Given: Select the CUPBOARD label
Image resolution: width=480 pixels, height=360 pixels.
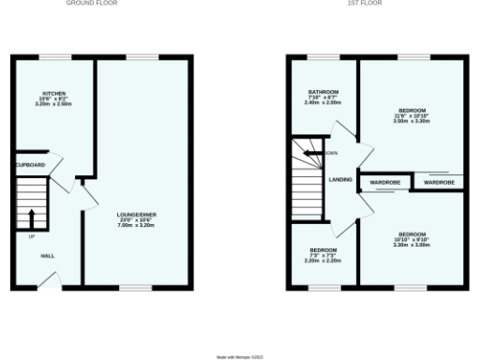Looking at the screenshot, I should pyautogui.click(x=30, y=164).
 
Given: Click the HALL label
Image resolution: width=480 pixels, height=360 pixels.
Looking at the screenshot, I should pyautogui.click(x=47, y=255).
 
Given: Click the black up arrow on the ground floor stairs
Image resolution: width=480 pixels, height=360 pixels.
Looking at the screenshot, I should pyautogui.click(x=32, y=217).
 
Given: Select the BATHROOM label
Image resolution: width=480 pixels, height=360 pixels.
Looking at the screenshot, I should pyautogui.click(x=323, y=92).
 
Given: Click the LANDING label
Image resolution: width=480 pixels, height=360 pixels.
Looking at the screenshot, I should pyautogui.click(x=338, y=180).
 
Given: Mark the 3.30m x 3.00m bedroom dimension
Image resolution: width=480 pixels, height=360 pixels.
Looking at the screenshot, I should pyautogui.click(x=412, y=244).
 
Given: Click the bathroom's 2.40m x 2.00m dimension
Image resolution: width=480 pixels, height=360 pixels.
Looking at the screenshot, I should pyautogui.click(x=323, y=103).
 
